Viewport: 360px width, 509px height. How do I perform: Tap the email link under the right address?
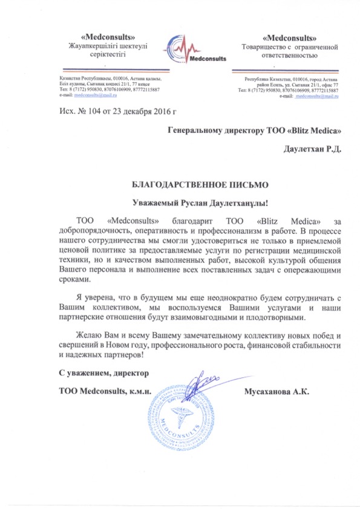click(316, 96)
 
